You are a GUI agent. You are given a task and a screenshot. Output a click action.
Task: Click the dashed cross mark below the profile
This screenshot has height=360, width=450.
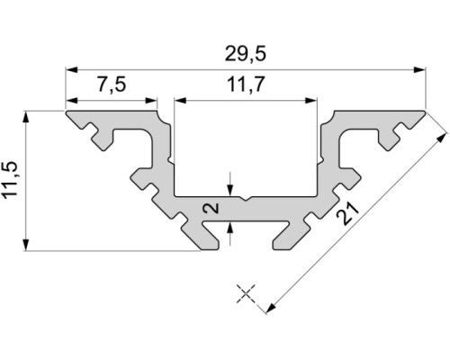(247, 293)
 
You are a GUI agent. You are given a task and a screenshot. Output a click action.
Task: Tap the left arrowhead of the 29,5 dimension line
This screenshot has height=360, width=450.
(70, 67)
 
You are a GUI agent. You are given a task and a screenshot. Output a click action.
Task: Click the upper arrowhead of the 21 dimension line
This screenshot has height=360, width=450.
(442, 139)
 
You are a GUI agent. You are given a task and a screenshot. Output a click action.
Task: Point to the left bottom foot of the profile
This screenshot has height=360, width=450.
(205, 242)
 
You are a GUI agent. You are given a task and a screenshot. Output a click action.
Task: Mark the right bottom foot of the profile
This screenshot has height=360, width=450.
(283, 242)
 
